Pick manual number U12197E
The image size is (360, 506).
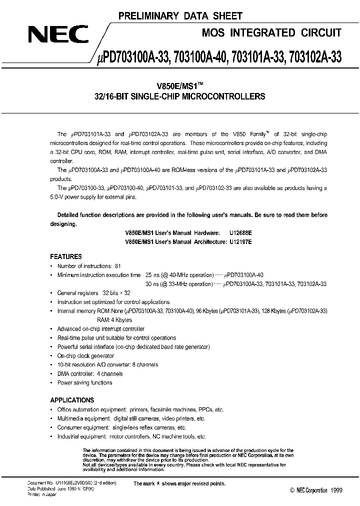[239, 241]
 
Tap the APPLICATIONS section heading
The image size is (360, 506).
[72, 400]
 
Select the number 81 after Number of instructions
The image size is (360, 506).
[117, 266]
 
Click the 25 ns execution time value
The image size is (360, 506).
[151, 275]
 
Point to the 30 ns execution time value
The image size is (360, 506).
[151, 284]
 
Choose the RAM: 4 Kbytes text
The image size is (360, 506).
[114, 319]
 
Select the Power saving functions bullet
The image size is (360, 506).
[84, 382]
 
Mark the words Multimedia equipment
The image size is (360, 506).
[80, 418]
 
